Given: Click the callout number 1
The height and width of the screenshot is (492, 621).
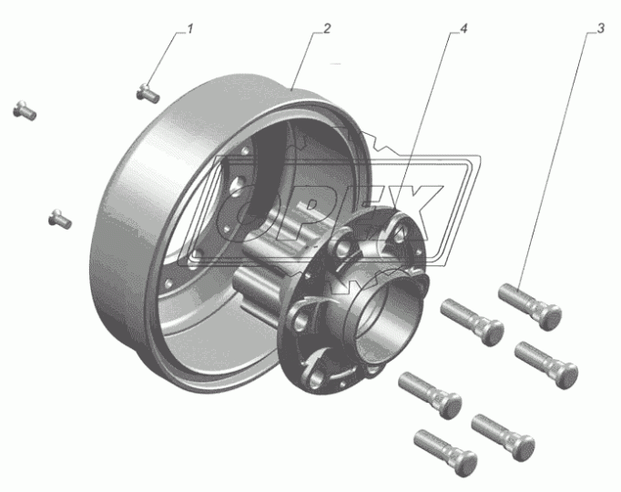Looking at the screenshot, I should pos(190,29).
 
